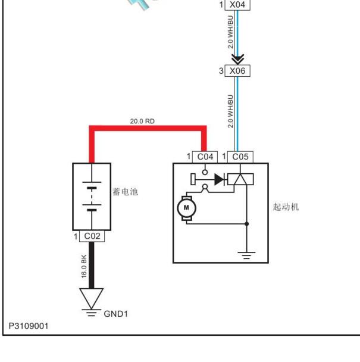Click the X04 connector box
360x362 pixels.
(237, 5)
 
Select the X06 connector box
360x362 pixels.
(237, 71)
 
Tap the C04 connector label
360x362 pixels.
(205, 157)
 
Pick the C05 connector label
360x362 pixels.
(240, 157)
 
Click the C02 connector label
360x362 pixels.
(92, 236)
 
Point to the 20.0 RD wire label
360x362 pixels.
(142, 121)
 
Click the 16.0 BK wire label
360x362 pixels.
(84, 266)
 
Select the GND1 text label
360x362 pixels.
(115, 314)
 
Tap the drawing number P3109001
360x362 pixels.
(29, 326)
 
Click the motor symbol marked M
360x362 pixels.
(186, 208)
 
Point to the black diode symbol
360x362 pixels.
(219, 179)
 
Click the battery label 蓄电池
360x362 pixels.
(125, 192)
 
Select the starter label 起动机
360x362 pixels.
(286, 207)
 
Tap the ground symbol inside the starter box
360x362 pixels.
(246, 255)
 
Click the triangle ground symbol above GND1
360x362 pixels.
(92, 298)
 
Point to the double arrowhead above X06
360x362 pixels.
(237, 60)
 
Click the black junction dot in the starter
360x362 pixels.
(246, 224)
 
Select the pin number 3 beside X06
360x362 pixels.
(221, 71)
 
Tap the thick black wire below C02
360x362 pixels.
(92, 266)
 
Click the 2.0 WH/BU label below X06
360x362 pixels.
(230, 111)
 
